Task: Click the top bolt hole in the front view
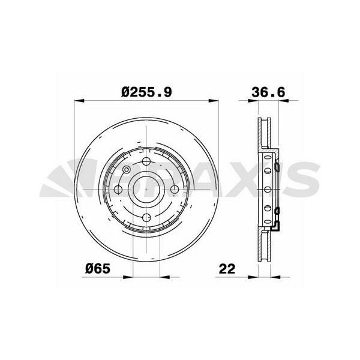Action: click(x=146, y=161)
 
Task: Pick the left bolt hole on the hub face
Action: click(x=118, y=190)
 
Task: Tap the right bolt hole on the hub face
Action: click(x=175, y=190)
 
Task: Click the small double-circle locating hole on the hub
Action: click(x=126, y=170)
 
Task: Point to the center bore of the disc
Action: click(x=146, y=190)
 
